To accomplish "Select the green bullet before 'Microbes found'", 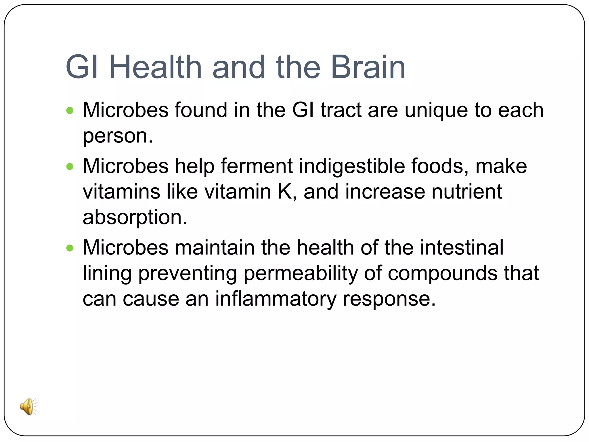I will pyautogui.click(x=70, y=110).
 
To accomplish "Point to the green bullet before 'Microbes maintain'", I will pyautogui.click(x=70, y=248).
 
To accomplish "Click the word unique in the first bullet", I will pyautogui.click(x=436, y=110).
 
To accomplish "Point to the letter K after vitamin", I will pyautogui.click(x=285, y=192).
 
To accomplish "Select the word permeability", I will pyautogui.click(x=300, y=273).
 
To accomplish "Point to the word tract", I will pyautogui.click(x=341, y=110).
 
